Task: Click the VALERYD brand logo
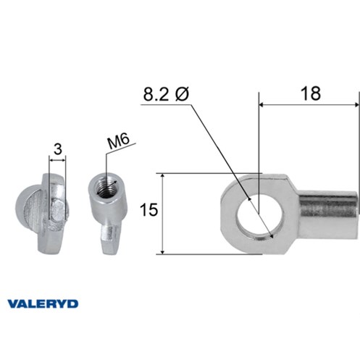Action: (43, 304)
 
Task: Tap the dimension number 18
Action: (311, 93)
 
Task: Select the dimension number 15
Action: (148, 209)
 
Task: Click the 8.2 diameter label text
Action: (166, 94)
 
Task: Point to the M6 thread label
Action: (119, 142)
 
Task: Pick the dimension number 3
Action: (58, 149)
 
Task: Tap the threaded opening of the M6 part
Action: (105, 186)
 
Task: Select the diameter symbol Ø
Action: (182, 94)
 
